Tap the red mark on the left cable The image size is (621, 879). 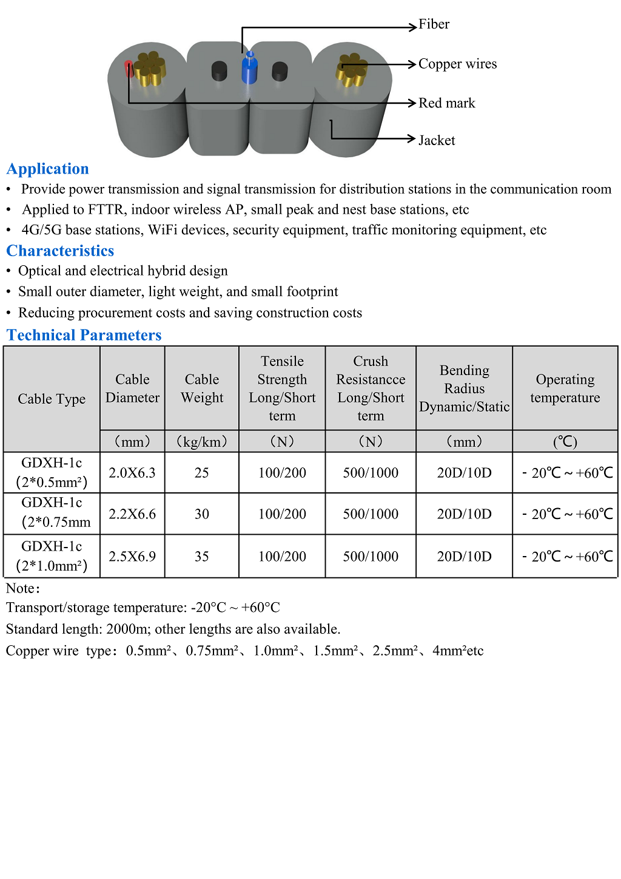click(x=129, y=68)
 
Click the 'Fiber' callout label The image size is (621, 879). click(x=434, y=24)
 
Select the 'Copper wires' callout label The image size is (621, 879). click(x=457, y=64)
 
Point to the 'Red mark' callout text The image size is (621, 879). click(x=446, y=103)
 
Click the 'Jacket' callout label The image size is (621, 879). click(x=437, y=140)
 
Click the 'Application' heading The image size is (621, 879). click(x=48, y=169)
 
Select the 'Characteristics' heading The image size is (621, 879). click(x=60, y=251)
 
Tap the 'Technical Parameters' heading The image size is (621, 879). click(x=84, y=335)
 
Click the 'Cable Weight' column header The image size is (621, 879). click(x=202, y=389)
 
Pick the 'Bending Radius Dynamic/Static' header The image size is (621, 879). click(x=464, y=389)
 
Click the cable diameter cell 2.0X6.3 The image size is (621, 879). click(x=132, y=473)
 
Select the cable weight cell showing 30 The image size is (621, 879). click(x=202, y=514)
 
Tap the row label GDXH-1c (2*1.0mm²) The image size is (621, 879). click(x=52, y=556)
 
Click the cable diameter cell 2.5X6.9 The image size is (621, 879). click(x=132, y=557)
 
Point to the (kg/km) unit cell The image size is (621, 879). click(x=202, y=442)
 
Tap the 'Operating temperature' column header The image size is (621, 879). click(x=565, y=389)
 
